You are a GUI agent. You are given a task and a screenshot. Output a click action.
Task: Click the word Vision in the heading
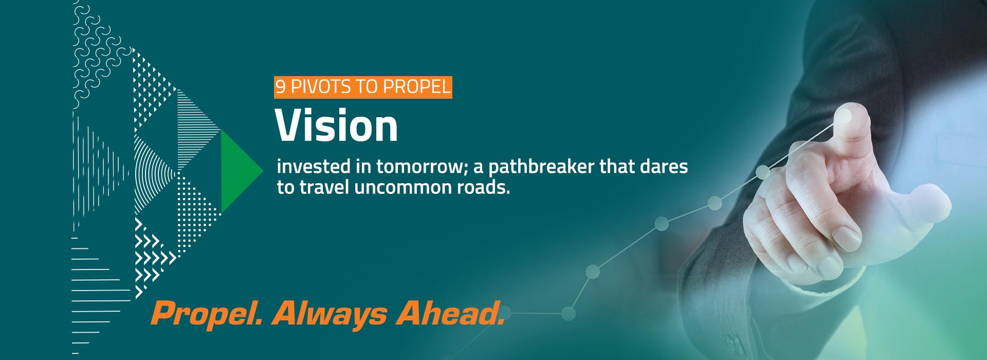[336, 125]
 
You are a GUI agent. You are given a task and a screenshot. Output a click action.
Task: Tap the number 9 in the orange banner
[280, 86]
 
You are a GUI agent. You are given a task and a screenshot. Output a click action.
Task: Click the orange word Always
[330, 313]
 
